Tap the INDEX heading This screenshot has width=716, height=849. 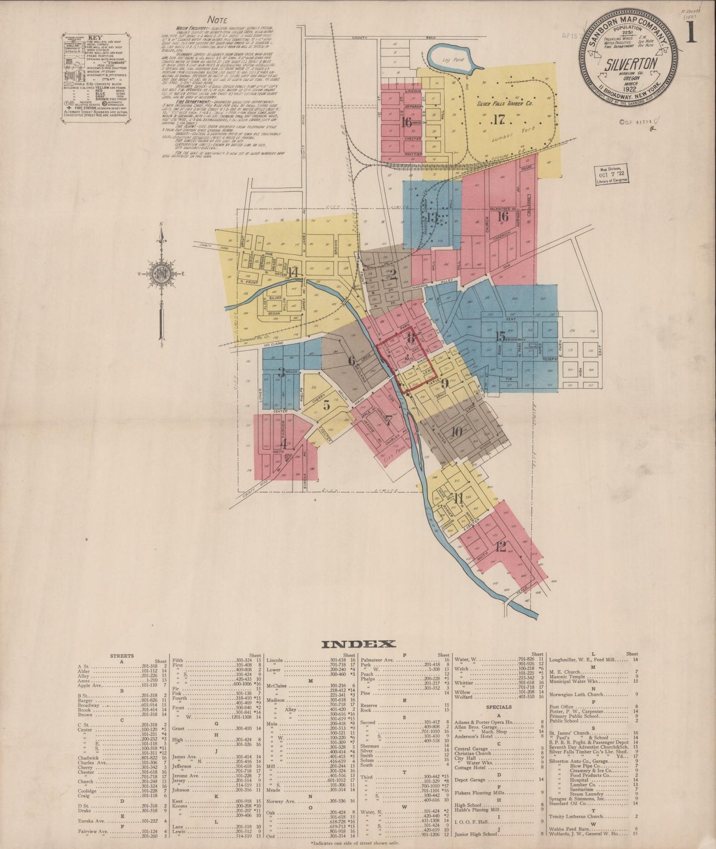tap(358, 644)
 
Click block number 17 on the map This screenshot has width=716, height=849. tap(498, 119)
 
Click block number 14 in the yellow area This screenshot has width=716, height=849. tap(293, 271)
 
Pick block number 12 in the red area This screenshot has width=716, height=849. tap(500, 547)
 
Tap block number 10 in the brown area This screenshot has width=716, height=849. tap(456, 431)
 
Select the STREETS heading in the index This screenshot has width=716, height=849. tap(121, 656)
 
